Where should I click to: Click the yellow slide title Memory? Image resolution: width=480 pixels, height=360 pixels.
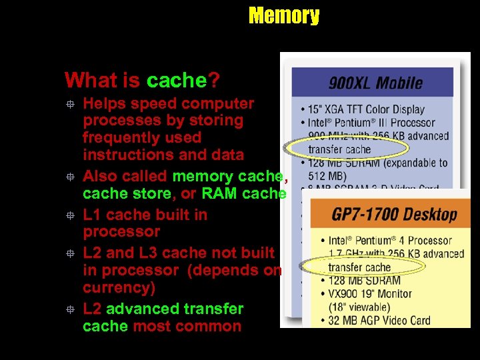[283, 15]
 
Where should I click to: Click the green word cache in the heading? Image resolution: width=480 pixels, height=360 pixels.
[177, 81]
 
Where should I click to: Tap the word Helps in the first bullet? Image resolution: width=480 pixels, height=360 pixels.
[104, 104]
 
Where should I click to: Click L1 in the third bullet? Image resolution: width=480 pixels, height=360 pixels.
[92, 215]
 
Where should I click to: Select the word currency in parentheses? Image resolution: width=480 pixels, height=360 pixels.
[115, 287]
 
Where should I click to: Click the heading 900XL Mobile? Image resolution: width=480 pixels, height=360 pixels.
[375, 83]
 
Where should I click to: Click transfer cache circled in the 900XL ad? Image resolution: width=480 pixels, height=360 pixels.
[339, 149]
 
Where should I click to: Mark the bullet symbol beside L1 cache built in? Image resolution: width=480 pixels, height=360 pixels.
[69, 215]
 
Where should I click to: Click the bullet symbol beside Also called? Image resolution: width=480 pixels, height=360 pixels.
[69, 177]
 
